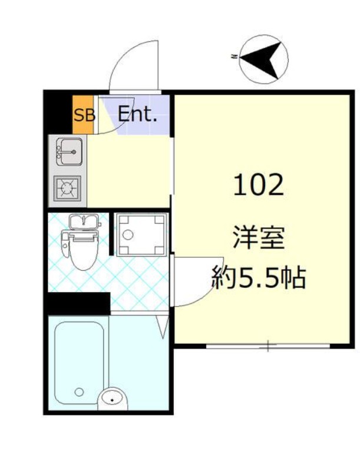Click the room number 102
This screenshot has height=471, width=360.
[x=259, y=185]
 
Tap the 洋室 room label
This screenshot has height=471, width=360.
[x=259, y=241]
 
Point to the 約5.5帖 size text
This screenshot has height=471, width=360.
[x=259, y=278]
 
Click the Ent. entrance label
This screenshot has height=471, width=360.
[x=137, y=114]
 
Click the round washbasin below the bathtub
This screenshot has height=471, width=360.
[x=113, y=399]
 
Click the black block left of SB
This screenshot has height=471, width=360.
[x=59, y=112]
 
